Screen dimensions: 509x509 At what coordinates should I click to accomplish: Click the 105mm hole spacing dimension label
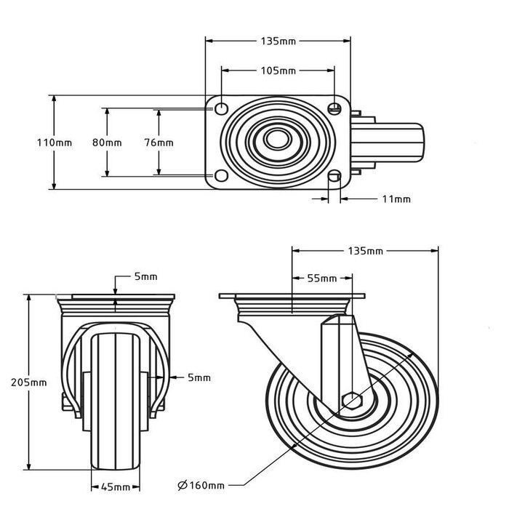pos(278,71)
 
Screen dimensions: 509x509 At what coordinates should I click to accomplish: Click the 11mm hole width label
pos(396,199)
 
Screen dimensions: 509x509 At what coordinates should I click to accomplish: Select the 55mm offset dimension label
pos(323,278)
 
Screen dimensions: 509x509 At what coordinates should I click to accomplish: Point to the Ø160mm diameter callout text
pos(201,485)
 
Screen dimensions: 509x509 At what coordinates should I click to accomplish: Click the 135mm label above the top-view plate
pos(278,41)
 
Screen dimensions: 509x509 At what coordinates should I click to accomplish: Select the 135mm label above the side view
pos(365,251)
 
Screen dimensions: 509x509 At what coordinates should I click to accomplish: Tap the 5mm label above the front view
pos(145,277)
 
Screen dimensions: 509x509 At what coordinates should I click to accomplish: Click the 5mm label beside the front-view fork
pos(199,377)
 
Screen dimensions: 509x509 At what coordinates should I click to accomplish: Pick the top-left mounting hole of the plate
pos(220,108)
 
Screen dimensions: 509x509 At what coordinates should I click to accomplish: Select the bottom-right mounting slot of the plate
pos(334,176)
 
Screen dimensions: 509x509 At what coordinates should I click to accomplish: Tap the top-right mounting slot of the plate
pos(334,108)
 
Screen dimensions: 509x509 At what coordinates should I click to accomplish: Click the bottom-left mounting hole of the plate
pos(220,176)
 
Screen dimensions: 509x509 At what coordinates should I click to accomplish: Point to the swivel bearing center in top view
pos(277,142)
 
